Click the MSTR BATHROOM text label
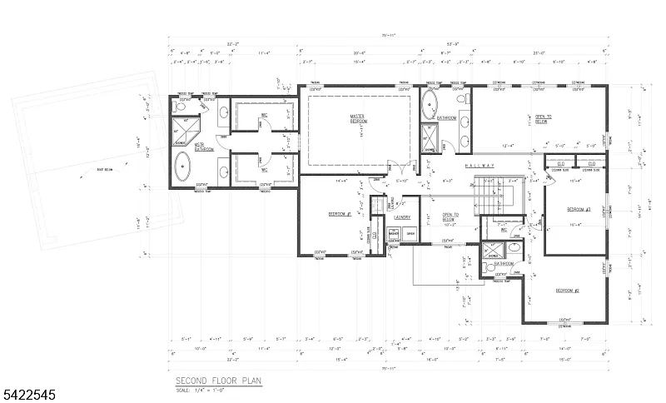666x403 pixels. (x=204, y=147)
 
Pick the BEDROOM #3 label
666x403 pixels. (x=578, y=209)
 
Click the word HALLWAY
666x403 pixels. (x=480, y=166)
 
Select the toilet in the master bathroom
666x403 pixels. (x=181, y=106)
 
